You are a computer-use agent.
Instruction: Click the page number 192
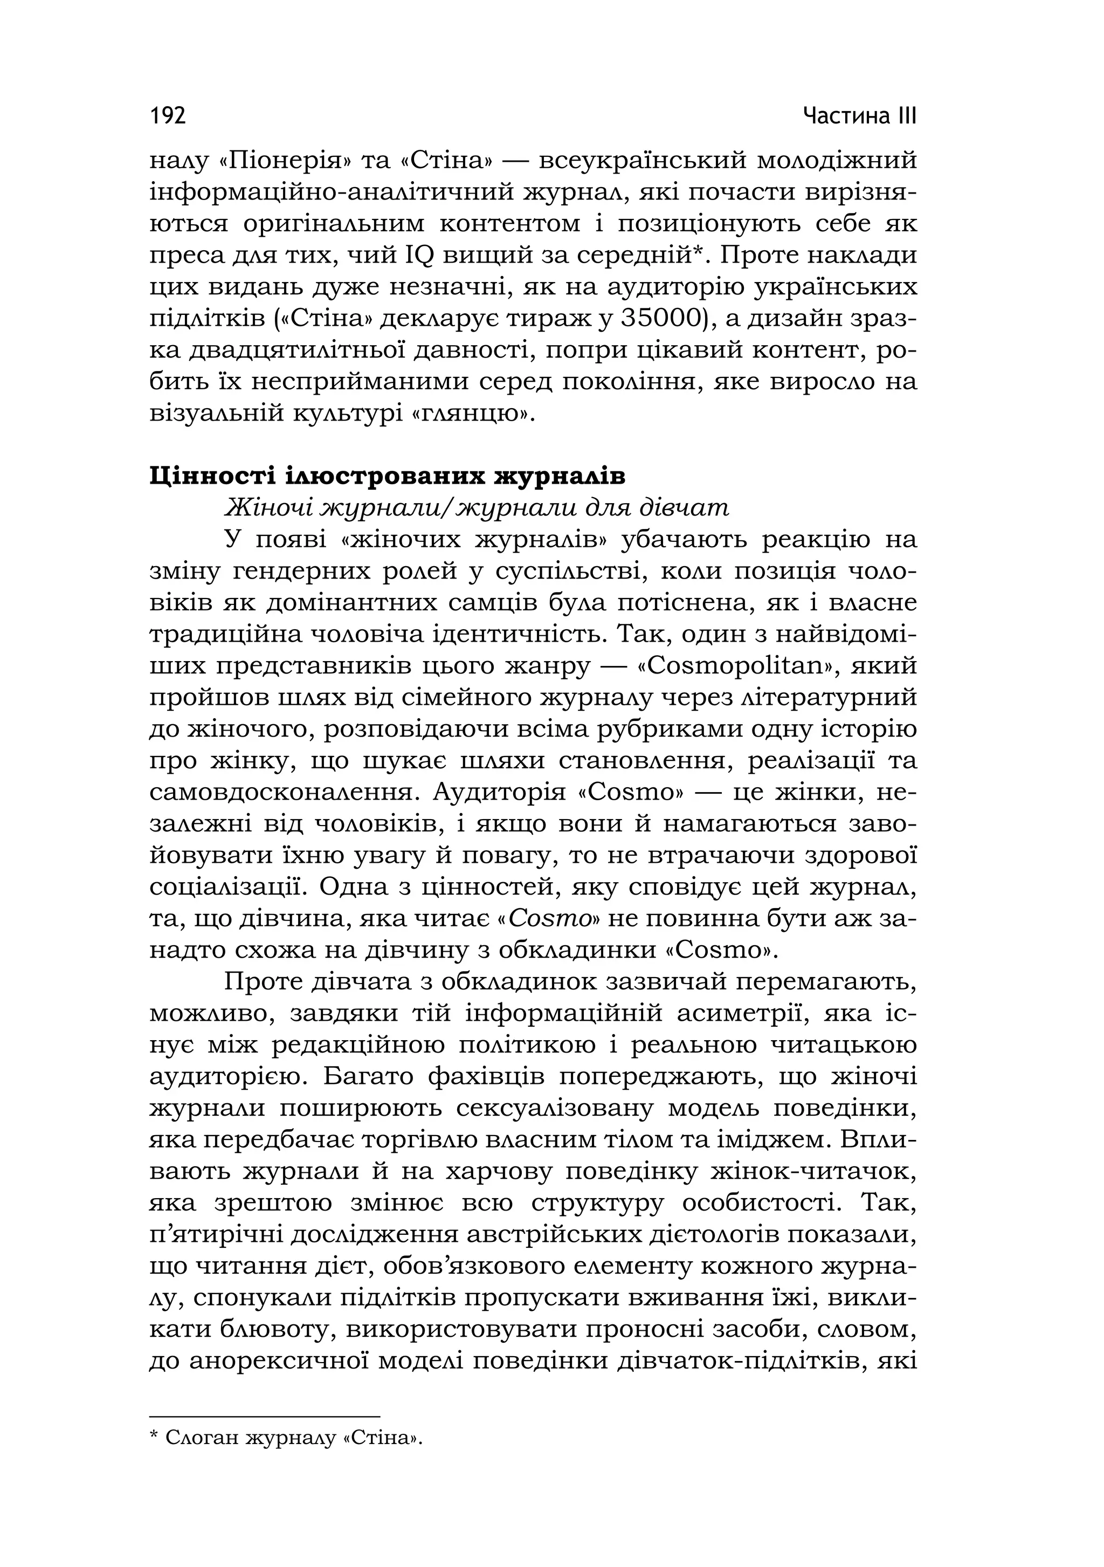point(167,116)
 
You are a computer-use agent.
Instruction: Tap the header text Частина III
point(859,116)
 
